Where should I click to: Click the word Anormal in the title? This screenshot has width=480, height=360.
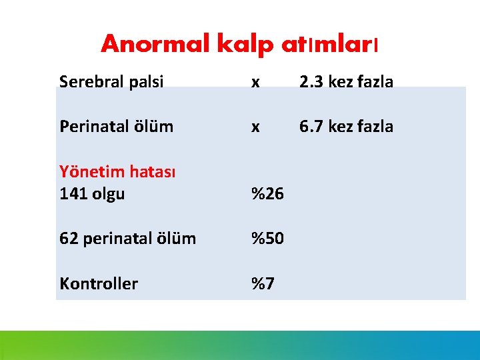coord(155,44)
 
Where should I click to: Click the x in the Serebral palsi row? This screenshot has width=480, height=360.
coord(255,83)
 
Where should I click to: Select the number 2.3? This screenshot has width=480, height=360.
coord(311,82)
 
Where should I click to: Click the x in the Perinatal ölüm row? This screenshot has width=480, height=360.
coord(255,127)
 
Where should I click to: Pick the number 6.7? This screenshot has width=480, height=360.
coord(311,126)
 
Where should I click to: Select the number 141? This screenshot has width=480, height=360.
coord(71,194)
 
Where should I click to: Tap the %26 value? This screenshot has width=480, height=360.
coord(267,194)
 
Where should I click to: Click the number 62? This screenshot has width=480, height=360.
coord(68,238)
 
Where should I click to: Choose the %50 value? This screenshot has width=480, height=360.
coord(267,238)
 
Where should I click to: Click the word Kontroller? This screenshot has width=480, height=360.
coord(99,283)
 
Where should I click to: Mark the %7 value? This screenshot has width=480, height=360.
coord(263,283)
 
